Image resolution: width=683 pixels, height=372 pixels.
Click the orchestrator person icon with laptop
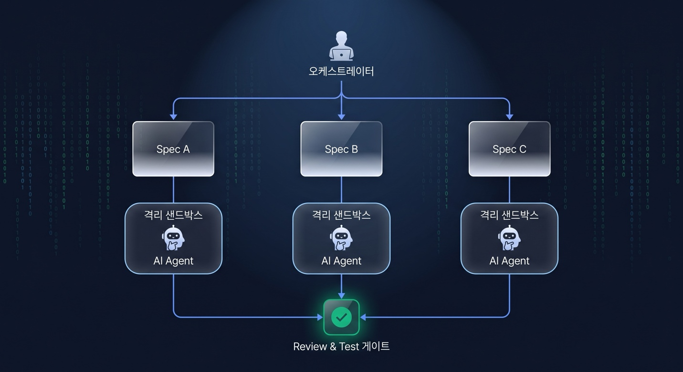[341, 46]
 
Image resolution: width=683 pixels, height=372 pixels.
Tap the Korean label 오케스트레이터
[341, 71]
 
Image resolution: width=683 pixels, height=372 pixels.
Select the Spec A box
[173, 149]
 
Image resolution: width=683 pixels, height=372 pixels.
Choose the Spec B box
[341, 149]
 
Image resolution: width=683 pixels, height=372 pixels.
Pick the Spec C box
[510, 149]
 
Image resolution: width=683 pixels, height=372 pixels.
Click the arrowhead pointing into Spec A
[173, 117]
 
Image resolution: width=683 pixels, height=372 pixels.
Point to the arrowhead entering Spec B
[342, 117]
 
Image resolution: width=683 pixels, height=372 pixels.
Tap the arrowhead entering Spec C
[510, 117]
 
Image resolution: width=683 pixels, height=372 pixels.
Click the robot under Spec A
[173, 238]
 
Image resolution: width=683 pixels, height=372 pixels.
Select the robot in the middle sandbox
[341, 238]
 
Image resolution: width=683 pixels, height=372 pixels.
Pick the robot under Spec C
[510, 238]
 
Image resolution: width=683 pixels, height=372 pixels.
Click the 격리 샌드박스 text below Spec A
[173, 215]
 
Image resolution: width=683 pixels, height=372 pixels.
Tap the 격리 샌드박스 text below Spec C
[510, 215]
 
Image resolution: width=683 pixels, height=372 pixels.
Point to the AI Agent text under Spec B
[341, 261]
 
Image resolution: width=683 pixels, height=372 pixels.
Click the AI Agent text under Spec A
[173, 261]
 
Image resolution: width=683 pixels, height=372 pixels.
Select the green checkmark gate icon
[341, 317]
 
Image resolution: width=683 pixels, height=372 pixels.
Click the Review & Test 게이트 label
[341, 346]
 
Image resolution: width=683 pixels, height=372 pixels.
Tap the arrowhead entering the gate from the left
[320, 317]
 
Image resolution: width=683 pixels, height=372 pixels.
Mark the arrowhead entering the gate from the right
[363, 317]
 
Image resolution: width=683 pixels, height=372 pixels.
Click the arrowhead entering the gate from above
[342, 296]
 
